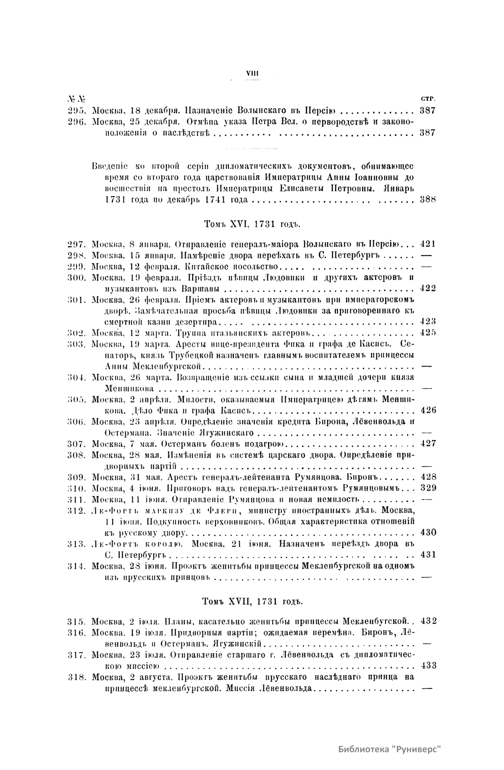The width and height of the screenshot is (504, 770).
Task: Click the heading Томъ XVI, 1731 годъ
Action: point(252,224)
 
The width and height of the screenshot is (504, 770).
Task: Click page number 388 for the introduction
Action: point(428,200)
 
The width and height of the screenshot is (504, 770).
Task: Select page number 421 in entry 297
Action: point(428,244)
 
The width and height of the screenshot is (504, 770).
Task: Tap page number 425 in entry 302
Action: point(428,333)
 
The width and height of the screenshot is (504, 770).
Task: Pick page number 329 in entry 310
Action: point(428,488)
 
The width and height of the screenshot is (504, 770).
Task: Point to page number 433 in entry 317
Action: point(428,666)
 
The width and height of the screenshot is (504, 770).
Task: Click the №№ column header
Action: point(76,100)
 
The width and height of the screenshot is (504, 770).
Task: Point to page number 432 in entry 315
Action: point(428,621)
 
